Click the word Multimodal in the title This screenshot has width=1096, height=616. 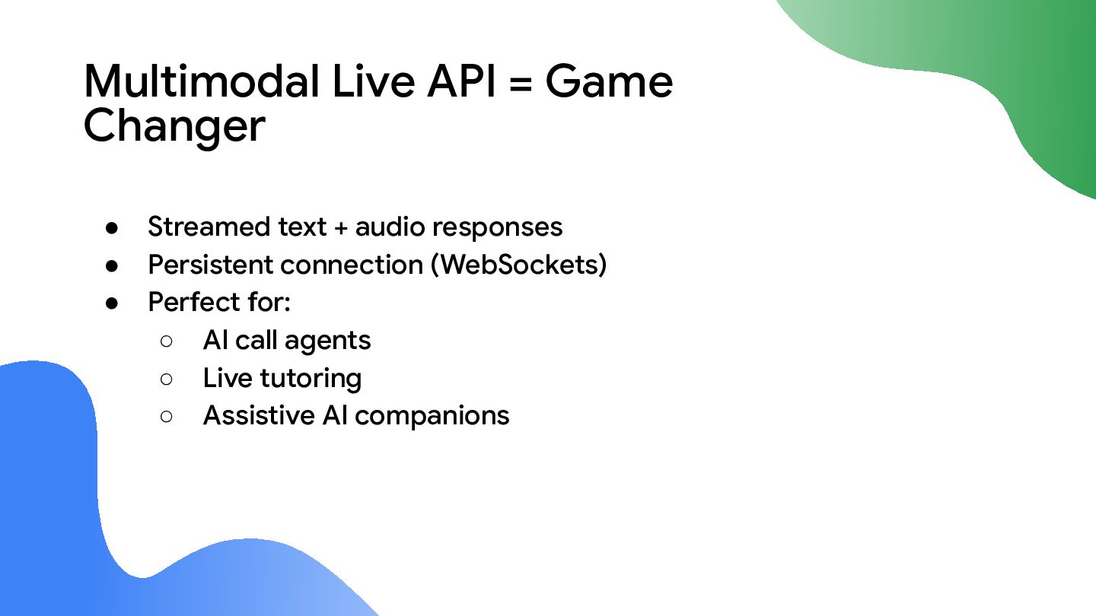202,81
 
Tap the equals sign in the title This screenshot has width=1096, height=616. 520,83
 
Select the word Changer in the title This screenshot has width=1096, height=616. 175,126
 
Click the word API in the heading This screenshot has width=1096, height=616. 461,81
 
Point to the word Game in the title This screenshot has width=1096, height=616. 609,81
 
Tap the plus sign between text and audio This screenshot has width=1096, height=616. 340,228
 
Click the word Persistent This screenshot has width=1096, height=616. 211,265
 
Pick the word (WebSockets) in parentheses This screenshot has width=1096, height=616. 518,265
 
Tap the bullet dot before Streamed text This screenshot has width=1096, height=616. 112,228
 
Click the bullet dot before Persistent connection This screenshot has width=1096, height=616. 112,266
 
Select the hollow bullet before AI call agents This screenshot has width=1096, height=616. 167,341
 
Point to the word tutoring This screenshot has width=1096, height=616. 311,379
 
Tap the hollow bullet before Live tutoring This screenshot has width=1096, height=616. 167,379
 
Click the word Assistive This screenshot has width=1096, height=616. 259,415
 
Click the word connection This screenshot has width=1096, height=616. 352,266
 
